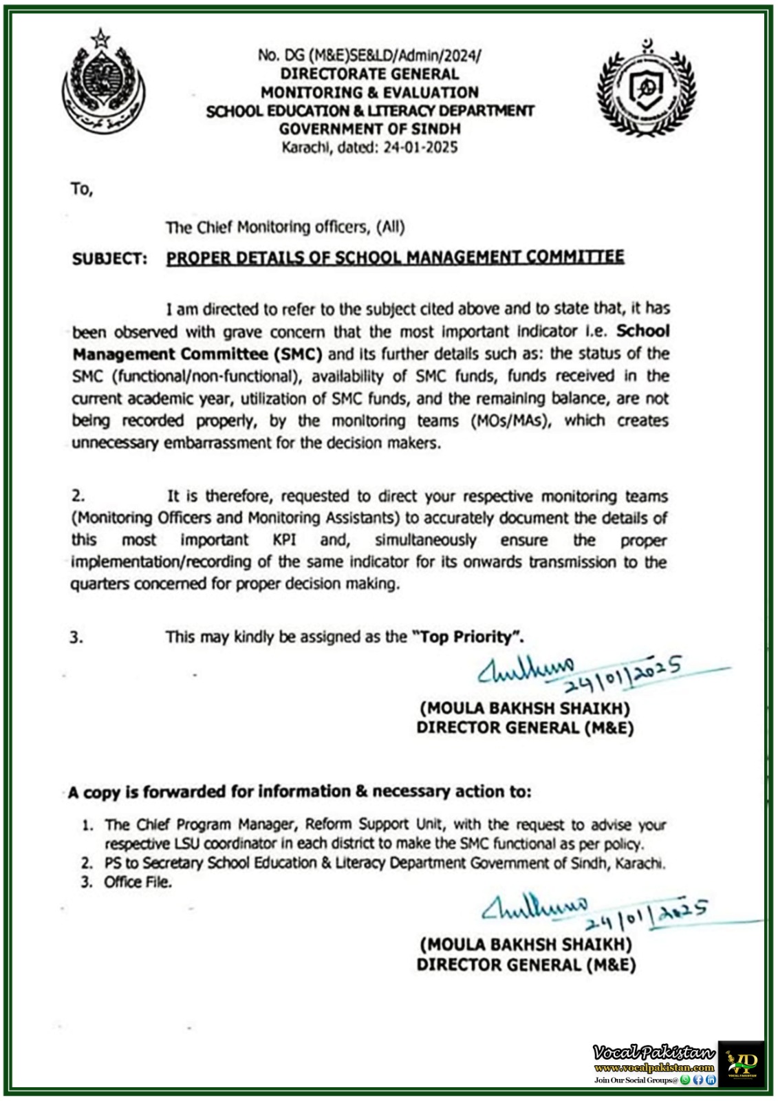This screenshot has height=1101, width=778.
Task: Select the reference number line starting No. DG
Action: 369,56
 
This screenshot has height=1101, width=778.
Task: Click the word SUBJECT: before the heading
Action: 109,259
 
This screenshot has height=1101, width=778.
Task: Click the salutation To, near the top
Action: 81,189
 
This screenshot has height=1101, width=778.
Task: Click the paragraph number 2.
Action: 78,496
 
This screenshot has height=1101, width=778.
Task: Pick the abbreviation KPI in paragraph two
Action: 284,540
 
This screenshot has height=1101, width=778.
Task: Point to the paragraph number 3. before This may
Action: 76,638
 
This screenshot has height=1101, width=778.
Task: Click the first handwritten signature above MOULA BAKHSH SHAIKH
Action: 526,670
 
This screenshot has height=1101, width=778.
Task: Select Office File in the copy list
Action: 137,882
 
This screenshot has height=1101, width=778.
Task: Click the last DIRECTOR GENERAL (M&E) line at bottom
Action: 526,965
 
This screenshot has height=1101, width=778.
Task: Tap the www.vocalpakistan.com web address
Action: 654,1068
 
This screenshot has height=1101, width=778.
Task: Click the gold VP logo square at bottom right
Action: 741,1063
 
